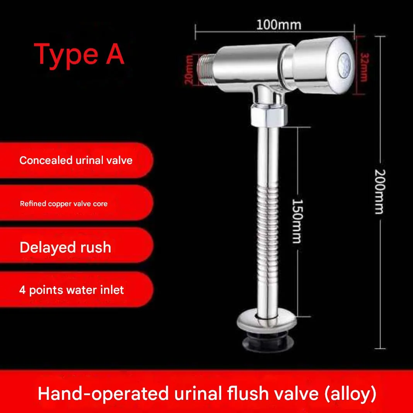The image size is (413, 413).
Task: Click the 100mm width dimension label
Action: click(279, 25)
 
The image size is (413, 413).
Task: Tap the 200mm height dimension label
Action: click(380, 192)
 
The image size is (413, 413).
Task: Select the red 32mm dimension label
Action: click(364, 67)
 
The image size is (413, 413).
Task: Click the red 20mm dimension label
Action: click(189, 70)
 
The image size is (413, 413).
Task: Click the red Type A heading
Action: click(79, 55)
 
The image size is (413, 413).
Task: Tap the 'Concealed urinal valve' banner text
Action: click(76, 160)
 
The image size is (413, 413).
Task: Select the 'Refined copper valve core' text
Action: click(64, 204)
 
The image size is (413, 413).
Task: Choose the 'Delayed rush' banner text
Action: click(65, 247)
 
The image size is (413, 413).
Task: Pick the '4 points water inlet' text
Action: click(72, 290)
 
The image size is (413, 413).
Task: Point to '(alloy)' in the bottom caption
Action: click(350, 394)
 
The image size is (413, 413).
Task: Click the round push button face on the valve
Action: click(345, 65)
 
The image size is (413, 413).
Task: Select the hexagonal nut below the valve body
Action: click(268, 115)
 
